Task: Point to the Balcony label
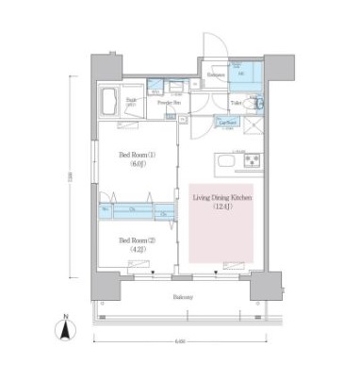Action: point(185,298)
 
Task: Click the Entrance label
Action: point(215,74)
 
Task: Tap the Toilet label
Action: point(237,101)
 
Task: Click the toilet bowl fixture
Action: point(259,103)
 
